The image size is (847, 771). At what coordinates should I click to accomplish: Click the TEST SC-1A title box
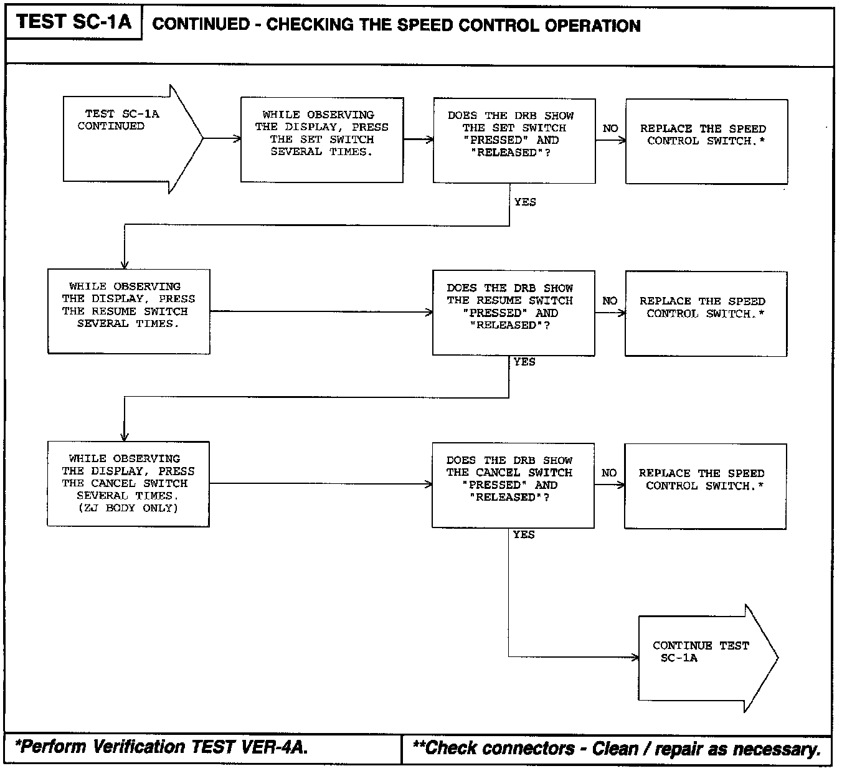(73, 22)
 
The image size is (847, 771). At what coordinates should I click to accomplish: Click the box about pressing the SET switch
(321, 140)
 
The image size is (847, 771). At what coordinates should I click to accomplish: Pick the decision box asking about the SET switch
(514, 140)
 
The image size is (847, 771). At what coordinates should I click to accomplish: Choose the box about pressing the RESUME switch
(128, 311)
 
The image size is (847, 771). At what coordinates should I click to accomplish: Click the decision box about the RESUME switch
(513, 313)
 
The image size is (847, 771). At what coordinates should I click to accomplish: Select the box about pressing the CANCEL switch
(128, 484)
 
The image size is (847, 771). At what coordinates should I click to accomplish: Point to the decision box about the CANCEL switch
(513, 485)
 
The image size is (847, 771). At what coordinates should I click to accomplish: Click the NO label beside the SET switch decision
(610, 128)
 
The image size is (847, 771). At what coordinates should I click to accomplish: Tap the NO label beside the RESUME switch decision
(610, 301)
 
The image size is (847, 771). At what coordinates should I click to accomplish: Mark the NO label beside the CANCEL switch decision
(609, 473)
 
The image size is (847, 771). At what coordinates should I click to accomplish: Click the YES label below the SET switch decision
(525, 202)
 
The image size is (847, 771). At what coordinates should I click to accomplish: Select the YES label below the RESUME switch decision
(524, 362)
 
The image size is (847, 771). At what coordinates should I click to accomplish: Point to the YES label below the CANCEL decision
(524, 534)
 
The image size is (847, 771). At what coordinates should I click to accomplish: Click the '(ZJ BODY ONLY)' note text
(128, 508)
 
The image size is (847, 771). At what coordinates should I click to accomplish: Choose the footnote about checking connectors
(617, 749)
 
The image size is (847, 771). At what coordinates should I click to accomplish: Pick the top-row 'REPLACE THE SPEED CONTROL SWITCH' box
(706, 141)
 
